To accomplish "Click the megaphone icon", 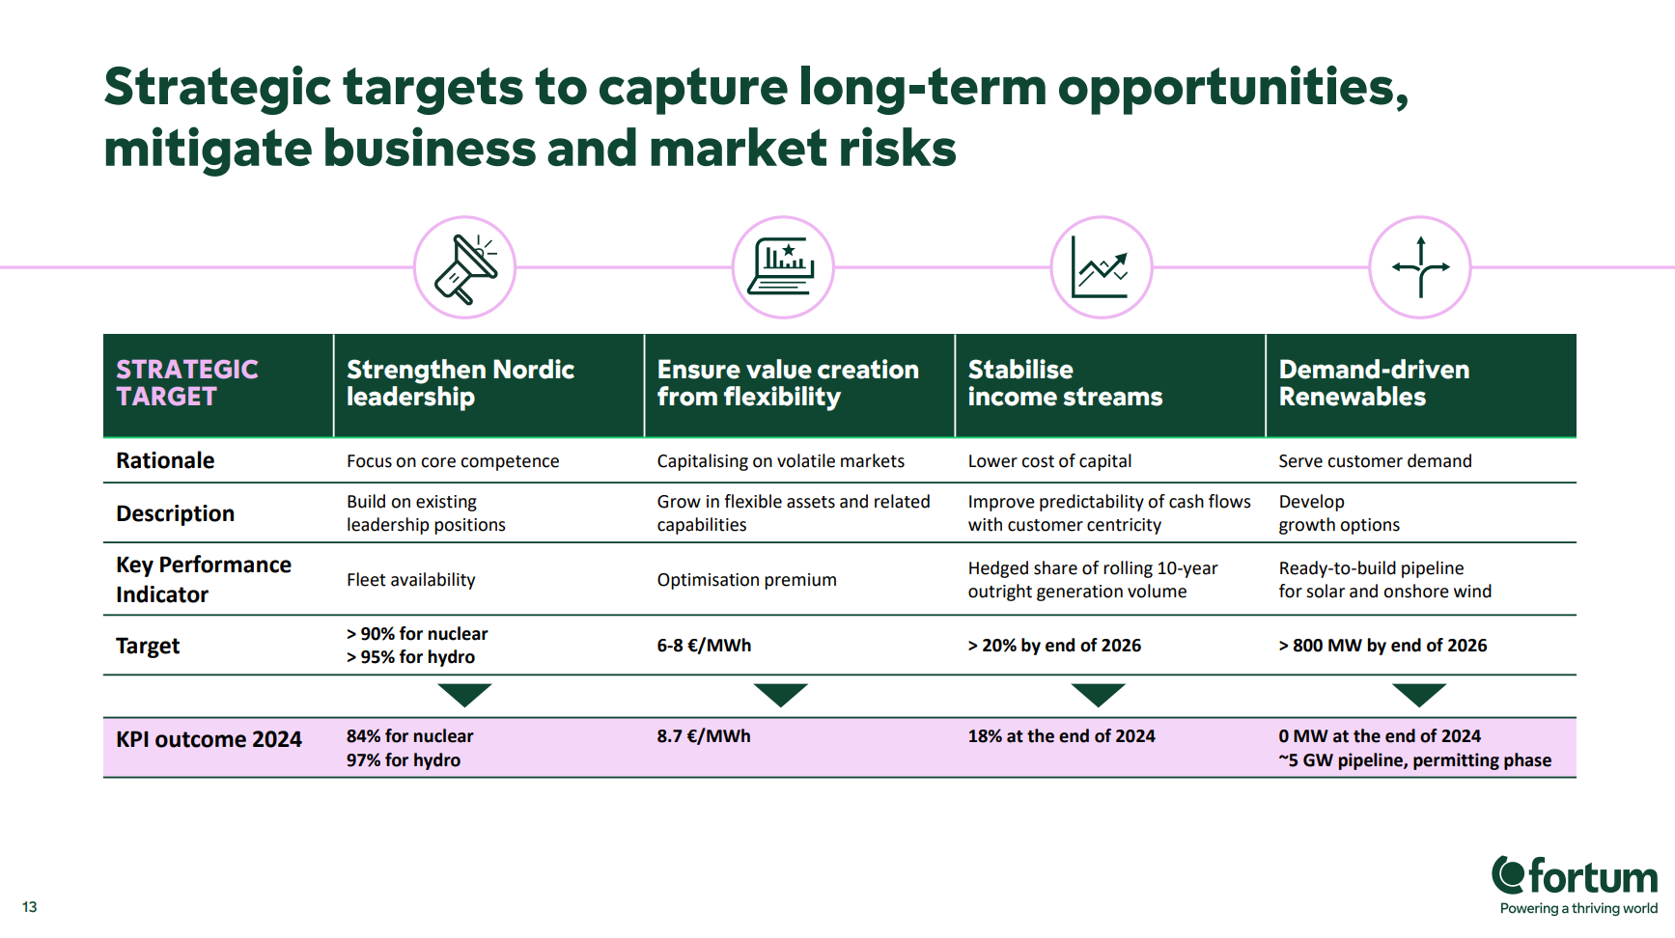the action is click(x=465, y=268).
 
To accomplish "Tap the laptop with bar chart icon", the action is click(x=783, y=267).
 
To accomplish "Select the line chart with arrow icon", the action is click(x=1101, y=267).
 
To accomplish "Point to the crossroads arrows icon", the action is click(x=1420, y=267).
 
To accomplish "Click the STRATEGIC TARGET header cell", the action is click(x=218, y=385).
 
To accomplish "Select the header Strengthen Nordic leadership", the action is click(x=461, y=383).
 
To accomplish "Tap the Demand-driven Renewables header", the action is click(x=1374, y=383).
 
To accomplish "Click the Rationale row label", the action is click(x=165, y=460).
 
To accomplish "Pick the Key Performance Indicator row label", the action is click(x=204, y=579).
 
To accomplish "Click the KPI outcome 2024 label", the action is click(x=209, y=739).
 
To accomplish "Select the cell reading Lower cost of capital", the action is click(x=1049, y=461).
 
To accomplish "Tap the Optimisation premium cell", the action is click(x=746, y=580).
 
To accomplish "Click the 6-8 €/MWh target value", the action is click(x=704, y=646).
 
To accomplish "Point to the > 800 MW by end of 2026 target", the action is click(x=1382, y=646).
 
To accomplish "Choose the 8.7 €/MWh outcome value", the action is click(x=704, y=736).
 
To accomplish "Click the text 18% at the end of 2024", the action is click(x=1061, y=736).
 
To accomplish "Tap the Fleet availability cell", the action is click(x=410, y=580).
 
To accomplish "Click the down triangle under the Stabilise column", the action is click(x=1099, y=693).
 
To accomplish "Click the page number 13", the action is click(x=30, y=907).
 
